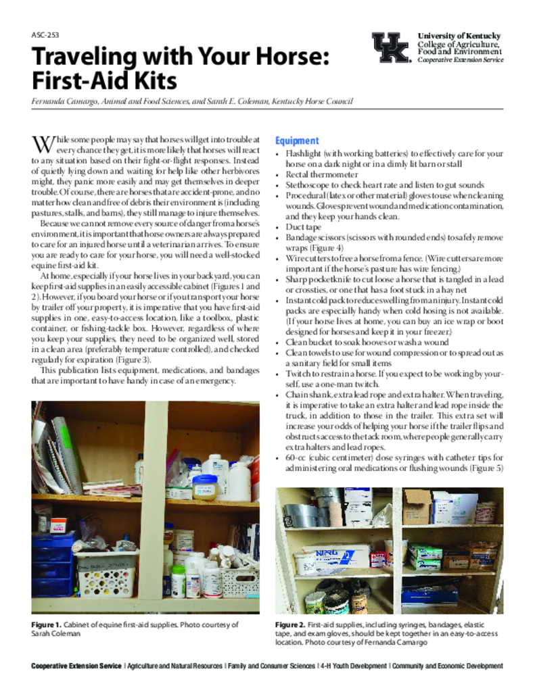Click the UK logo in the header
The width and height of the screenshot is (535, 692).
tap(391, 47)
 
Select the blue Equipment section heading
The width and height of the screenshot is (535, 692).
tap(296, 141)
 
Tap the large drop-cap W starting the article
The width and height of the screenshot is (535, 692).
tap(43, 144)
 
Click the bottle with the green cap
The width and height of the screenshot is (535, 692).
tap(178, 579)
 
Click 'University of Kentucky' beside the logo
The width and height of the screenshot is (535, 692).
tap(459, 35)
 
